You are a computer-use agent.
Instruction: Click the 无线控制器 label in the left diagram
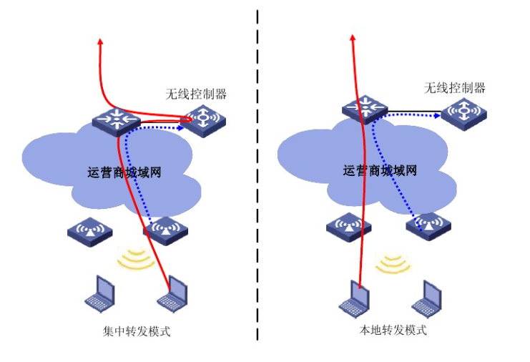coord(196,94)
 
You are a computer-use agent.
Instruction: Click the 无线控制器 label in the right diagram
coord(455,88)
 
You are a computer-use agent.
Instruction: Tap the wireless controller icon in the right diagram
coord(463,112)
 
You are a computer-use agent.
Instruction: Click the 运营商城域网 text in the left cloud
coord(124,172)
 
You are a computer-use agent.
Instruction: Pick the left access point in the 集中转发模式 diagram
coord(90,231)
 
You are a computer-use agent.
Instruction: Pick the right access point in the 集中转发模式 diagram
coord(165,231)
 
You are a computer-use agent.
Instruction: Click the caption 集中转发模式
coord(137,332)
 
